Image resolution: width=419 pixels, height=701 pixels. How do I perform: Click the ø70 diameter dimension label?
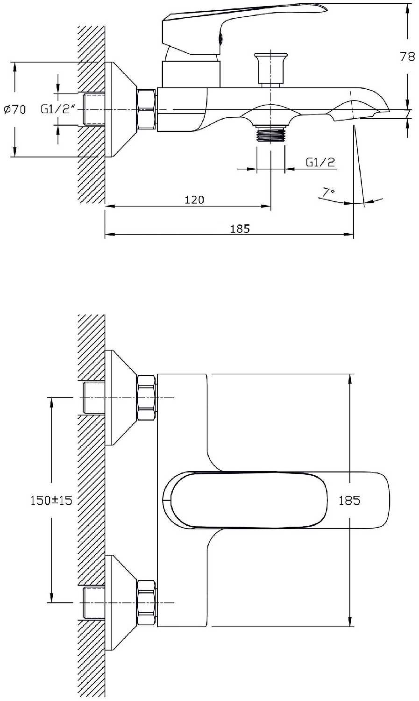click(14, 110)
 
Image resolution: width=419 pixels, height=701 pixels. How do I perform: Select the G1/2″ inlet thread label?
click(58, 109)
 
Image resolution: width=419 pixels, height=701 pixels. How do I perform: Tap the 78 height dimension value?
click(407, 57)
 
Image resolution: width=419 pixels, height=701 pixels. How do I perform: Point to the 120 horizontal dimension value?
click(194, 200)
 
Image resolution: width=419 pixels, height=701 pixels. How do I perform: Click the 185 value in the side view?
click(240, 229)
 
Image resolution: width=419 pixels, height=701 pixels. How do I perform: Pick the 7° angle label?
click(329, 192)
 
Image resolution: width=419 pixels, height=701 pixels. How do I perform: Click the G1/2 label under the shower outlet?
click(320, 162)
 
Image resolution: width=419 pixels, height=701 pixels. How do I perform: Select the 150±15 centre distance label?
click(51, 501)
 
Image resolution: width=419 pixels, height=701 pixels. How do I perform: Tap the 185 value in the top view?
click(349, 501)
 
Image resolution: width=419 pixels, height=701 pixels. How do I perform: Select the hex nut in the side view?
click(146, 109)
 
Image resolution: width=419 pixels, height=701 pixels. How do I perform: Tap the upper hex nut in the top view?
click(146, 398)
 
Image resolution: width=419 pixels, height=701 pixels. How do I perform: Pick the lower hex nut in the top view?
click(146, 603)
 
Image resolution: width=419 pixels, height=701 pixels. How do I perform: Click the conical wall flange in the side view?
click(119, 109)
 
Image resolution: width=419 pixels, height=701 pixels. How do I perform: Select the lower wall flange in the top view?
click(119, 603)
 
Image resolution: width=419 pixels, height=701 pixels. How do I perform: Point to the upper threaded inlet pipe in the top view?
click(93, 398)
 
